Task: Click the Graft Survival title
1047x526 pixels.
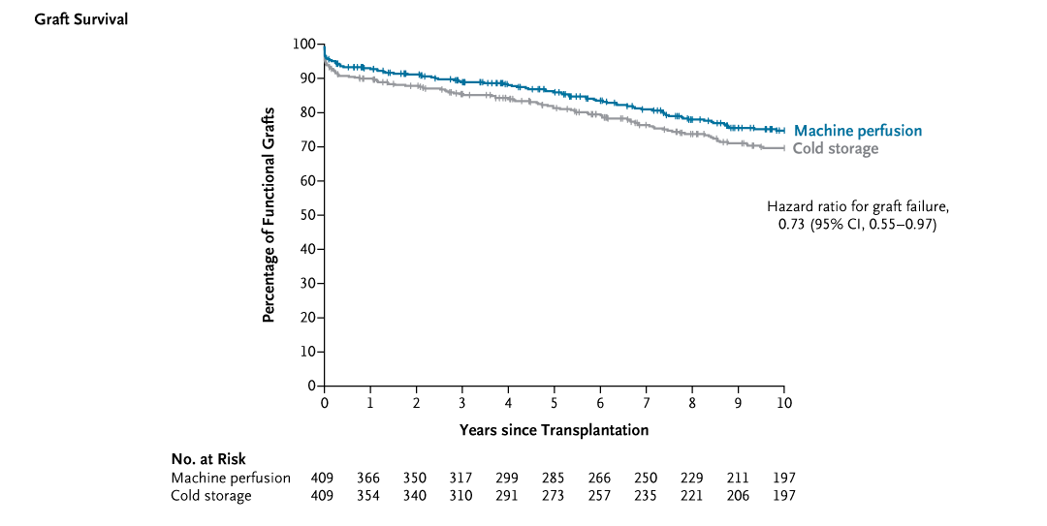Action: (x=80, y=19)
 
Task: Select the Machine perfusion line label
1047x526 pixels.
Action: (x=857, y=131)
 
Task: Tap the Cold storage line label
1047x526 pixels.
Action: (x=835, y=148)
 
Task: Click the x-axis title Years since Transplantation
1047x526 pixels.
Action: (x=554, y=429)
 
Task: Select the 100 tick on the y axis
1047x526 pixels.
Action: (x=304, y=45)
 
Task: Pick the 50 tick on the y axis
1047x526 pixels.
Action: (x=307, y=215)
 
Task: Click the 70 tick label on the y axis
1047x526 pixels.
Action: (x=307, y=147)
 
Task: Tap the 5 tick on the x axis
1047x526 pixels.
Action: (x=555, y=402)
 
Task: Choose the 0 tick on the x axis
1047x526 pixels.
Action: (x=325, y=402)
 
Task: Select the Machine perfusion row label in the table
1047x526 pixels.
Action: (x=231, y=478)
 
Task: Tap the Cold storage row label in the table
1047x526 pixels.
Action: (x=211, y=496)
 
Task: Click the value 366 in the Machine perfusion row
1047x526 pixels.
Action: (x=368, y=478)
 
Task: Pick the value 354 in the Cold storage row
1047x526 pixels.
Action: (x=368, y=496)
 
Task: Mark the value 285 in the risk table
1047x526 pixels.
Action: (x=554, y=478)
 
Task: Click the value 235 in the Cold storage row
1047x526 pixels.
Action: (x=646, y=496)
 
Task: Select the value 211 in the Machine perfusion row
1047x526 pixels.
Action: (x=738, y=478)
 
